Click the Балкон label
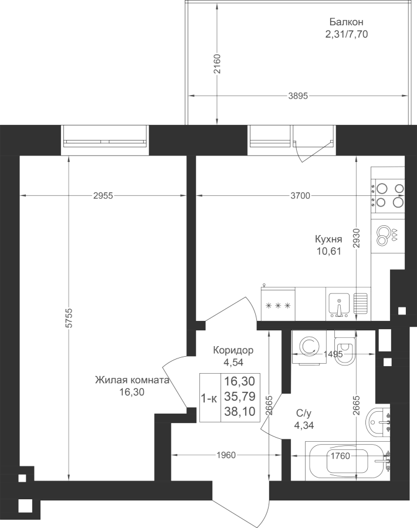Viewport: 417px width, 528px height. click(346, 22)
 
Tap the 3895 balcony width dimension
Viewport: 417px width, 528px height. click(298, 96)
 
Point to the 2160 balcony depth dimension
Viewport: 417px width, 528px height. click(218, 64)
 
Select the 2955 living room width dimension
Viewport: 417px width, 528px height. click(103, 195)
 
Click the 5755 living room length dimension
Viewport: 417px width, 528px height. click(69, 317)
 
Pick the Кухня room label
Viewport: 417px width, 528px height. click(328, 239)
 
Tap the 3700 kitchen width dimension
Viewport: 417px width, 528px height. click(300, 195)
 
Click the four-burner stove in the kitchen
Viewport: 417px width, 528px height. click(388, 195)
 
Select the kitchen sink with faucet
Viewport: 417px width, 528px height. click(339, 304)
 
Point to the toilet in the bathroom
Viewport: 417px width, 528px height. click(345, 348)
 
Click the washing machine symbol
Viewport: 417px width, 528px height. click(309, 347)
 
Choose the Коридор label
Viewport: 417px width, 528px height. click(233, 350)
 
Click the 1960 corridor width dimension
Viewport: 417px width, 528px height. click(226, 455)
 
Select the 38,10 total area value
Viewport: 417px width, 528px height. click(240, 411)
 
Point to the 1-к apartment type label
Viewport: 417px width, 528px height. click(209, 398)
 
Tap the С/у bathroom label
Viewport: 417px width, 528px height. click(304, 413)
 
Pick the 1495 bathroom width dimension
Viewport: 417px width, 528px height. click(333, 354)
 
